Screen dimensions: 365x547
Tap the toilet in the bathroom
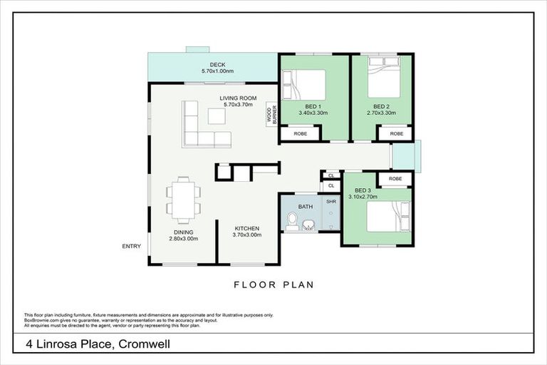point(291,223)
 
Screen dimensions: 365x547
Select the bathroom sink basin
point(308,225)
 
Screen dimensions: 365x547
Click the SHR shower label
point(331,202)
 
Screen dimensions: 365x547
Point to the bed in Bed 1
point(304,85)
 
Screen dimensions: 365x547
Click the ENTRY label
point(132,247)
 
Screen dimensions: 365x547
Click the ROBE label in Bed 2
point(395,133)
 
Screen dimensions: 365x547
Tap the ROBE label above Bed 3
point(395,178)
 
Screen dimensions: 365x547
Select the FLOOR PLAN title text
point(273,284)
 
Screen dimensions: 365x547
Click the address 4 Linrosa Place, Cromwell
point(98,345)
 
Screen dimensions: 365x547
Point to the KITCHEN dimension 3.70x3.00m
point(248,235)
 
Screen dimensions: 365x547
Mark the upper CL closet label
point(330,175)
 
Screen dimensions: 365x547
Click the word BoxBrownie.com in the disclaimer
point(41,320)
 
